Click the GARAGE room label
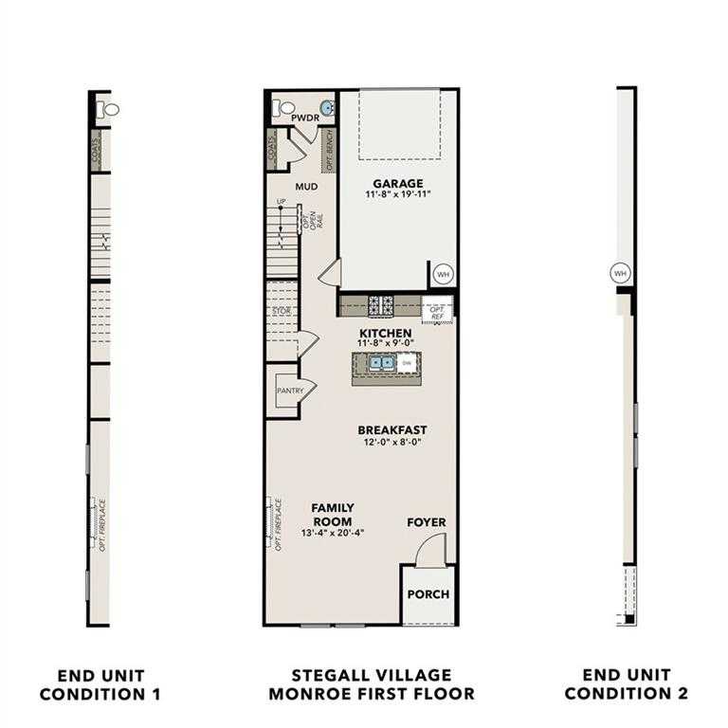pos(397,183)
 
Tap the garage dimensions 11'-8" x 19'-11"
pos(397,195)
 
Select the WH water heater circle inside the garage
pos(443,275)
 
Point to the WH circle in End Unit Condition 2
pos(621,273)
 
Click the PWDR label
pos(304,118)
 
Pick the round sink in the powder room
pos(327,108)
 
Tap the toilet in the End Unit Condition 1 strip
pos(110,109)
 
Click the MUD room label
pos(305,187)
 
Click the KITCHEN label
pos(384,334)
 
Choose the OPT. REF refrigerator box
pos(437,313)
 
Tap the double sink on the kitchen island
pos(382,362)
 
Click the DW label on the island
pos(405,362)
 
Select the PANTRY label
pos(289,390)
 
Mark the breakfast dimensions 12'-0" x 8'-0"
pos(391,442)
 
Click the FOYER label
pos(426,522)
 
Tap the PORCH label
pos(428,595)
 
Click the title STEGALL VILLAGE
pos(372,675)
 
